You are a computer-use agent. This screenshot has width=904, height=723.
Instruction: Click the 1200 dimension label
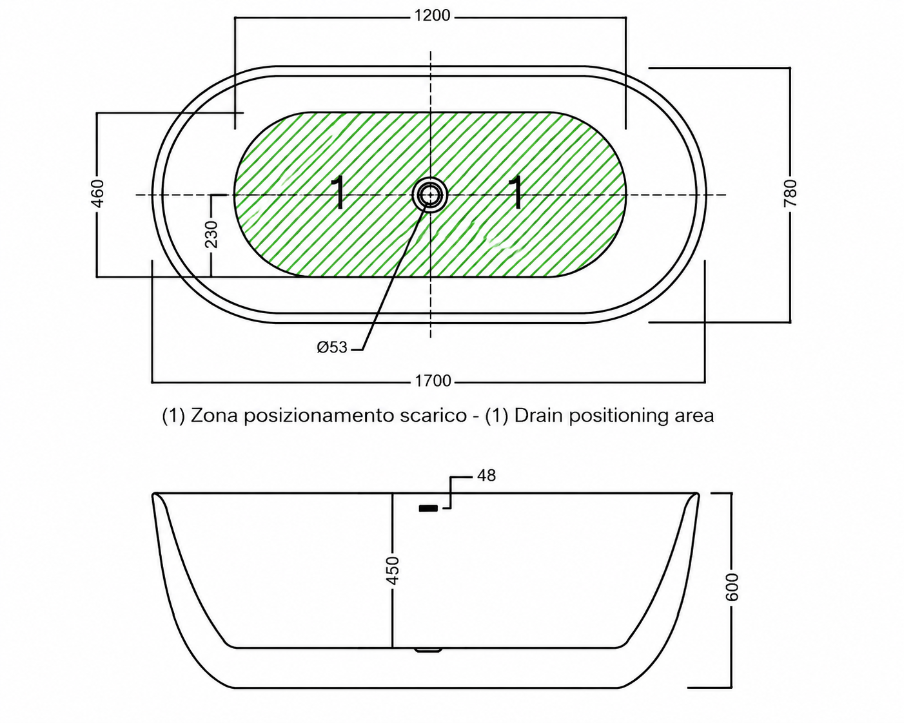coord(432,15)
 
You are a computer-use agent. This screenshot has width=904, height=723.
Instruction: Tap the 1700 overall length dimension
coord(433,381)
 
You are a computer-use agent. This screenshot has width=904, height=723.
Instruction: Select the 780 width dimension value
coord(790,193)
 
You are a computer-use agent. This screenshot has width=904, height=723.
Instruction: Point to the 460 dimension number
coord(97,193)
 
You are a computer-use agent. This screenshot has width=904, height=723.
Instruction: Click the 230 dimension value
coord(211,234)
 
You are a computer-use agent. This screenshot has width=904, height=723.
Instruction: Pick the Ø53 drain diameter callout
coord(332,347)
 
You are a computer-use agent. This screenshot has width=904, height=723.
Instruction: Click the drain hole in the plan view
coord(430,195)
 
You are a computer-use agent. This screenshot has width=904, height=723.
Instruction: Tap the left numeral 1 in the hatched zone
coord(338,192)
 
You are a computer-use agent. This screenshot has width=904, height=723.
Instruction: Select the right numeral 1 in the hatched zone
coord(516,192)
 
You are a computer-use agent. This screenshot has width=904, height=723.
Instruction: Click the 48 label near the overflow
coord(486,476)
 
